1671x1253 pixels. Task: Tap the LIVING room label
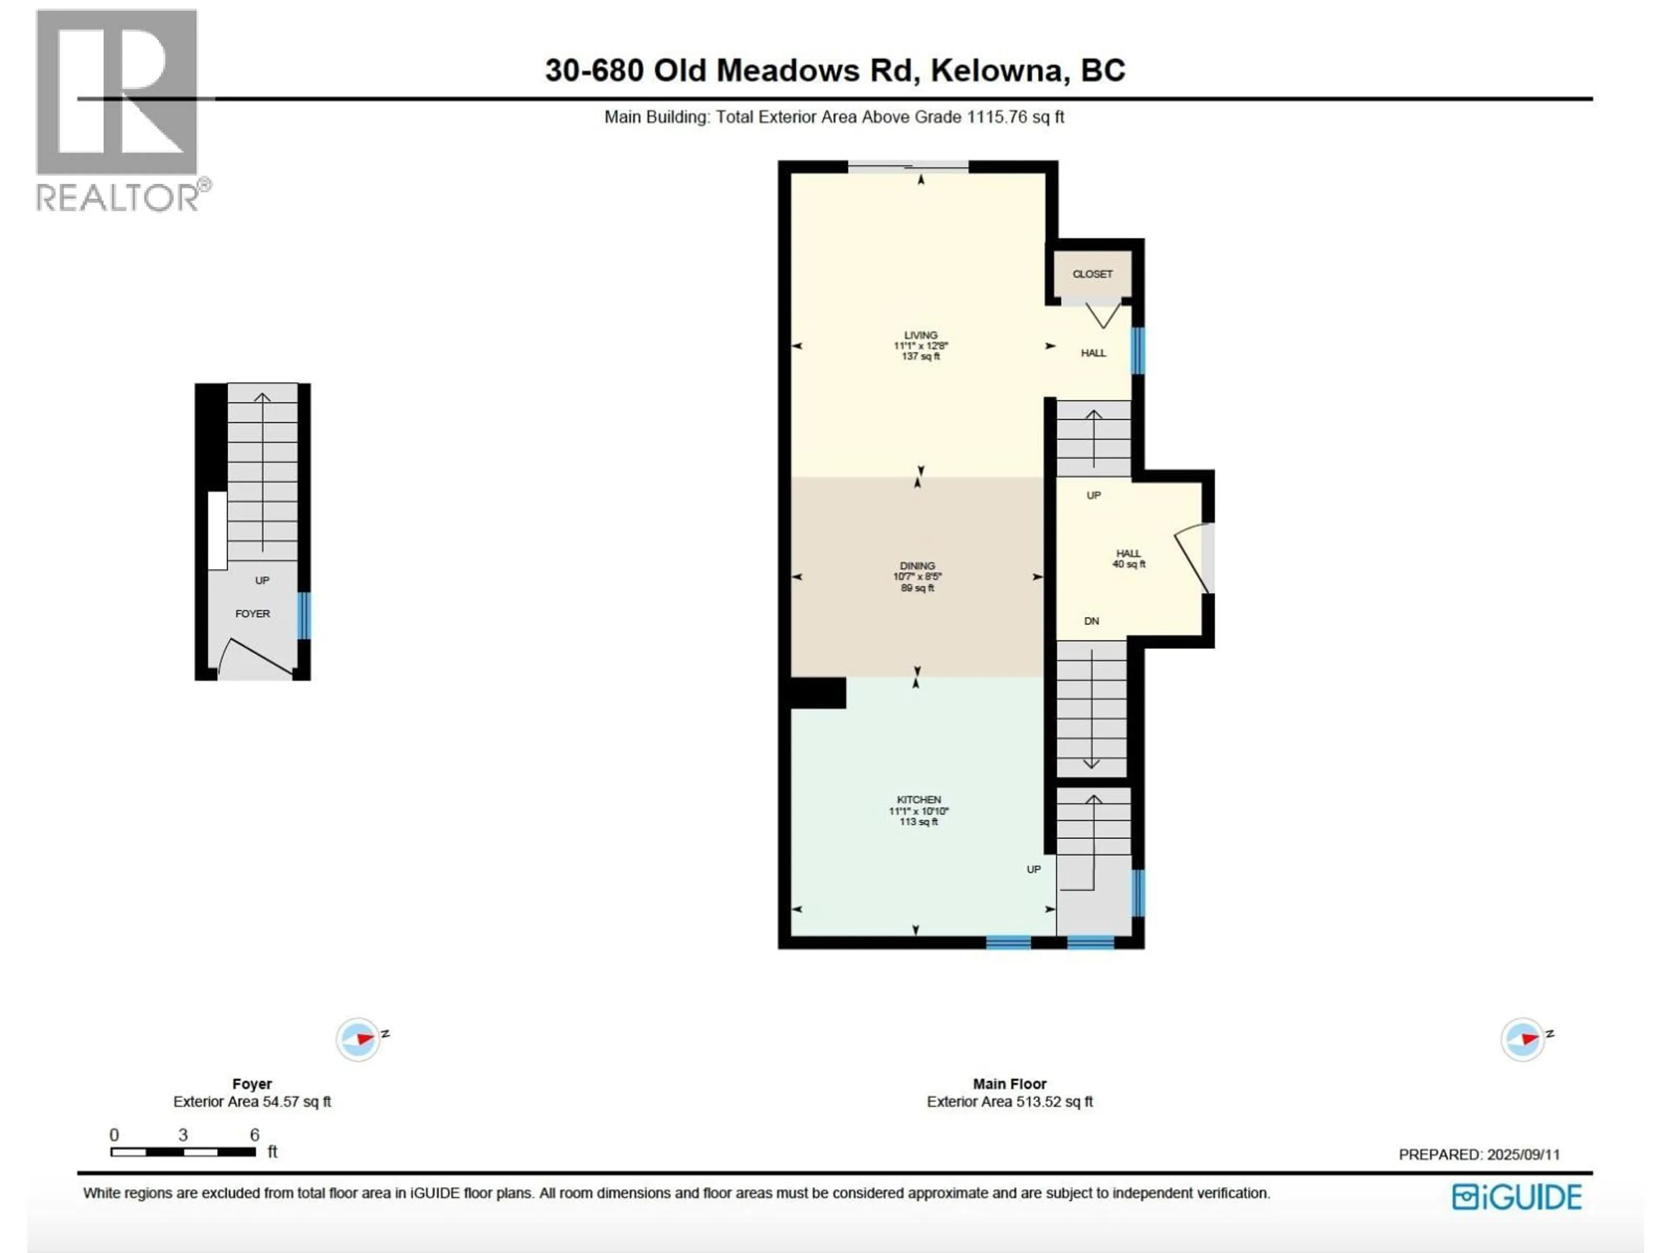point(920,345)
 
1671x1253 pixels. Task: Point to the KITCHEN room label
point(919,810)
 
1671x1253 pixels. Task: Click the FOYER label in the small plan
point(252,613)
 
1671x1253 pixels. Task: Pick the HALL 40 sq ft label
point(1129,558)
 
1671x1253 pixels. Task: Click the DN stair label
point(1091,621)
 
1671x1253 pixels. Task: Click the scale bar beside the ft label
point(183,1152)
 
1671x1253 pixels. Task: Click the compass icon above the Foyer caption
point(358,1039)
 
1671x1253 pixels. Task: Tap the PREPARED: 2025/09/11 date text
point(1478,1154)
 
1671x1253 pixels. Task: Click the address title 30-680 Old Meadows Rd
point(835,70)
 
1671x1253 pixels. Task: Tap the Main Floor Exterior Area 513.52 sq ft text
point(1009,1101)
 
